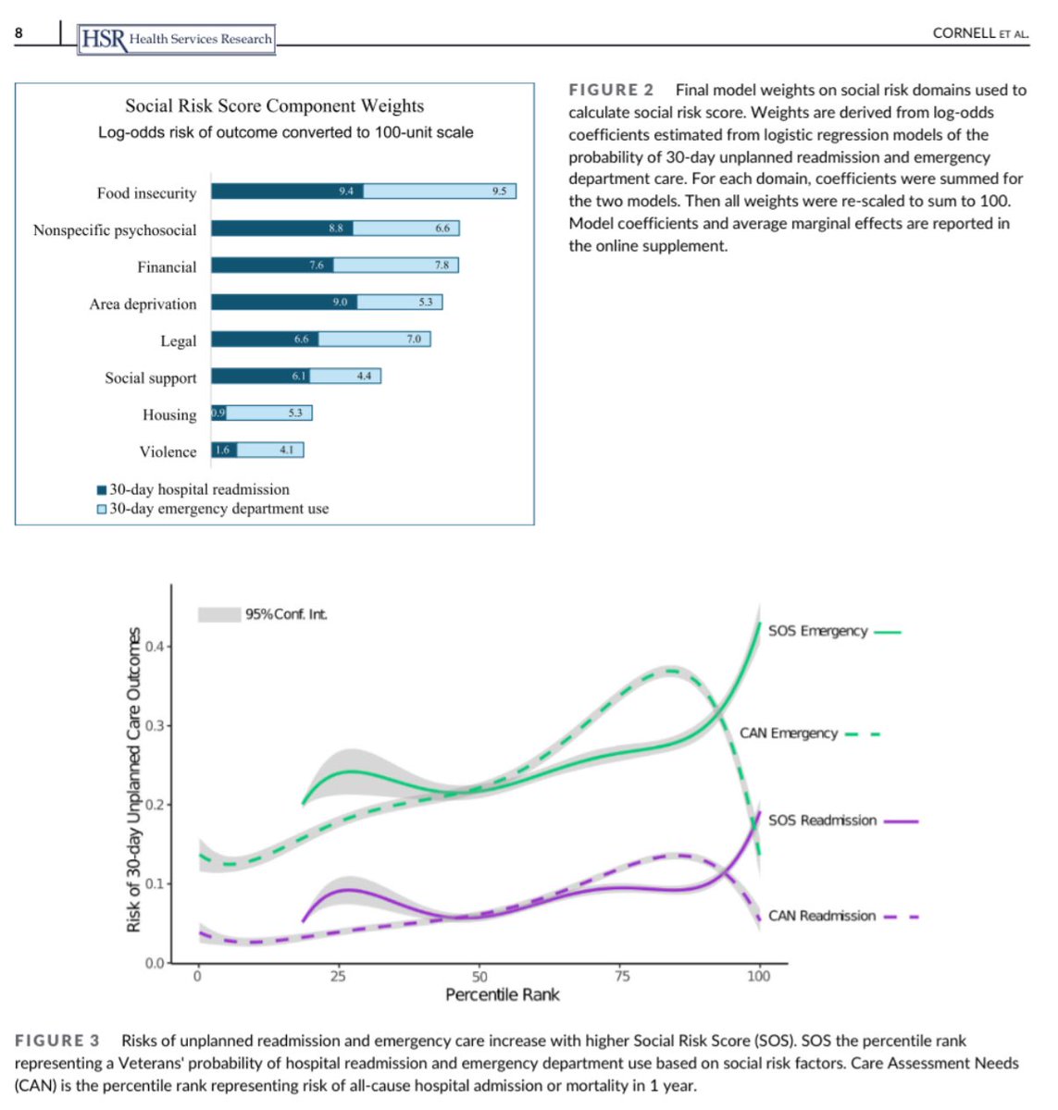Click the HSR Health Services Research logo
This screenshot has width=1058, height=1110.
(177, 39)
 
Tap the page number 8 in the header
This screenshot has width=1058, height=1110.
(19, 34)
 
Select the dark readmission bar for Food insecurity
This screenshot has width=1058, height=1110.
(287, 191)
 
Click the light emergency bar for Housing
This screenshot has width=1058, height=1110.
(269, 413)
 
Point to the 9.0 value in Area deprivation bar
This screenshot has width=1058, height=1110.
(340, 302)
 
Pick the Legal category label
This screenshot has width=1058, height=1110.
(178, 341)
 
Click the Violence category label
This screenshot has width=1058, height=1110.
(168, 452)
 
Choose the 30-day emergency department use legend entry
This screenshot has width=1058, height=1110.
(218, 509)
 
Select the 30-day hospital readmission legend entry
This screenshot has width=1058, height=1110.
(199, 489)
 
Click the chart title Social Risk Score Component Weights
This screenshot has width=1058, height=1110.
(275, 106)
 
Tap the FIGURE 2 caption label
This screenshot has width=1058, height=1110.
(611, 90)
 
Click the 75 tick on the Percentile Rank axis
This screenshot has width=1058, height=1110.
(622, 977)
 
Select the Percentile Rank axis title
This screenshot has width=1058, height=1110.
(502, 995)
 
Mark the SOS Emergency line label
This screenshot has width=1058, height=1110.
(817, 631)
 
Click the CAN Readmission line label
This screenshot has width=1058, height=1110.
(821, 916)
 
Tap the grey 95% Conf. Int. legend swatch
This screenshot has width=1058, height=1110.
(219, 614)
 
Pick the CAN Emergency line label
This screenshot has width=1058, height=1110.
(788, 734)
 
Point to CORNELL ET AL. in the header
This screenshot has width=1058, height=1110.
(980, 33)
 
